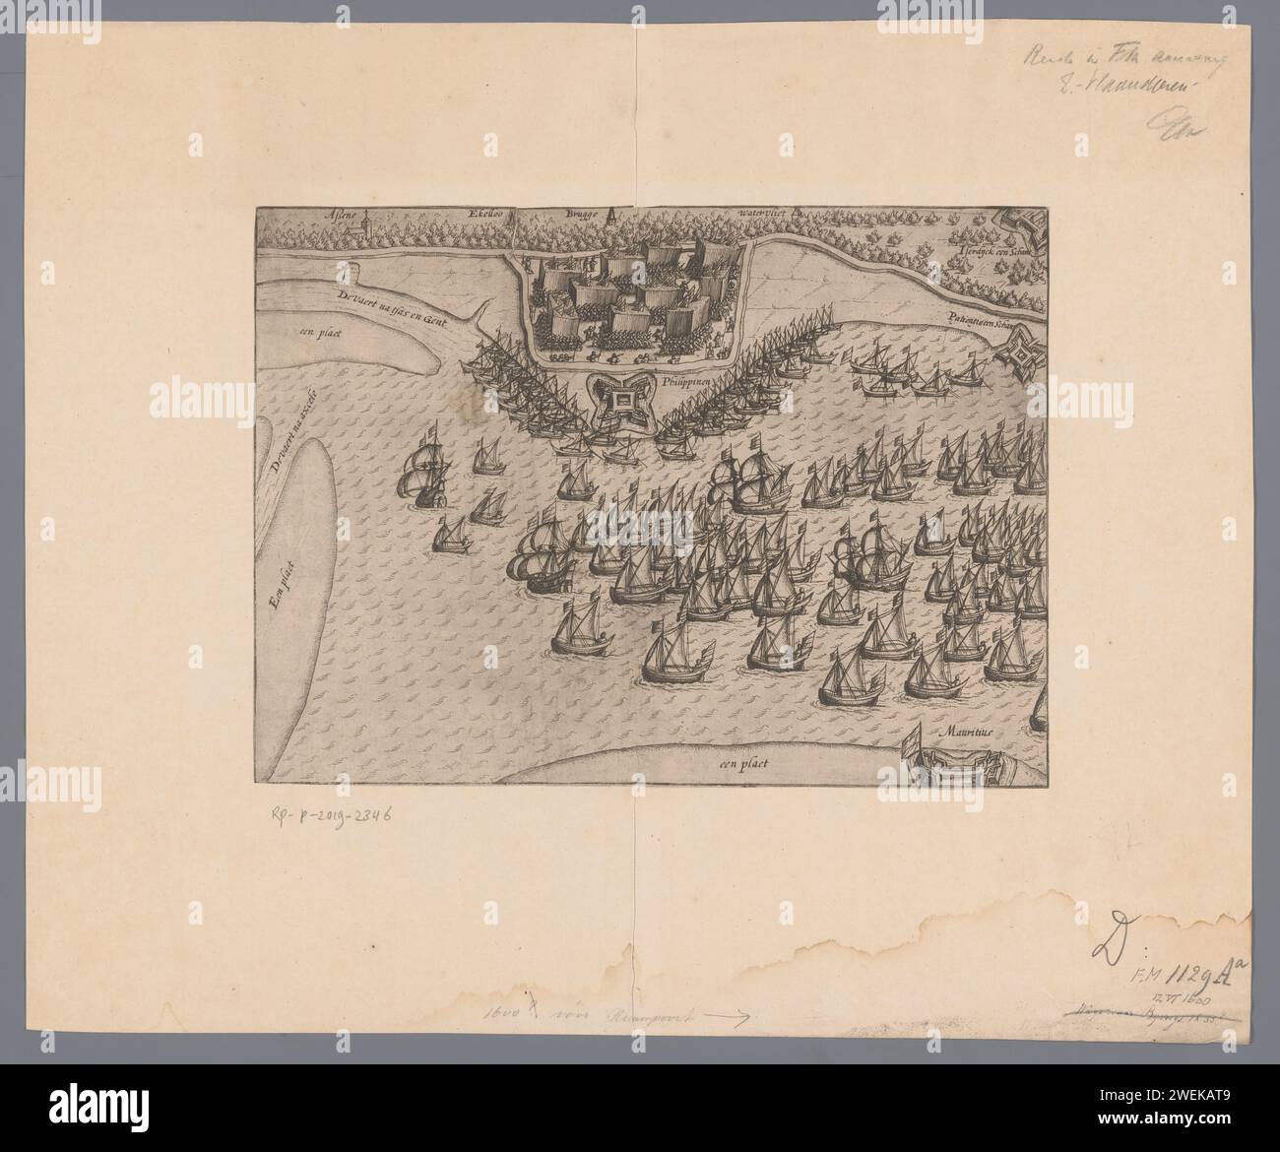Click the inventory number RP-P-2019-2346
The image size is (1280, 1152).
(x=335, y=815)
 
